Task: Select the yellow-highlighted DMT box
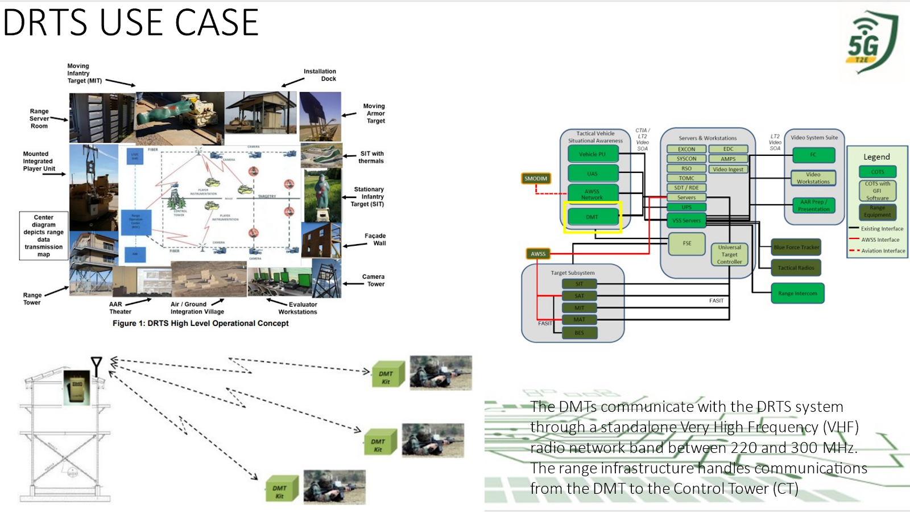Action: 592,217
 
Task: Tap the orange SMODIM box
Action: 536,179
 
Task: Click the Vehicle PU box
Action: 592,154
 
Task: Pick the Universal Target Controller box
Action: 729,254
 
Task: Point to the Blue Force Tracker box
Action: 796,247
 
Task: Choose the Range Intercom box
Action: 797,294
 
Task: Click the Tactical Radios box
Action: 796,267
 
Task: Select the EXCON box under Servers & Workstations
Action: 686,149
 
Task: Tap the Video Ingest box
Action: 728,169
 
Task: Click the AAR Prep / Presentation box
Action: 813,205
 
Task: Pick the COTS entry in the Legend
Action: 878,172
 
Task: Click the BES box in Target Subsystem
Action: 579,333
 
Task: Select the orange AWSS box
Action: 538,254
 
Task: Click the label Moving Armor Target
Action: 375,114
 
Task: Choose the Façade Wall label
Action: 375,240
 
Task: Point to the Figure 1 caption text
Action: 200,323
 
